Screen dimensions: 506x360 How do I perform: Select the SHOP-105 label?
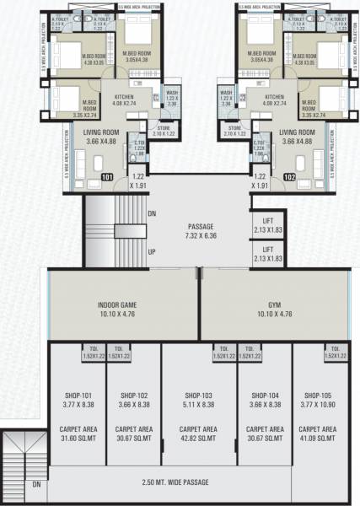point(319,395)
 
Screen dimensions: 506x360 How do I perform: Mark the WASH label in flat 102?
point(225,93)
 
